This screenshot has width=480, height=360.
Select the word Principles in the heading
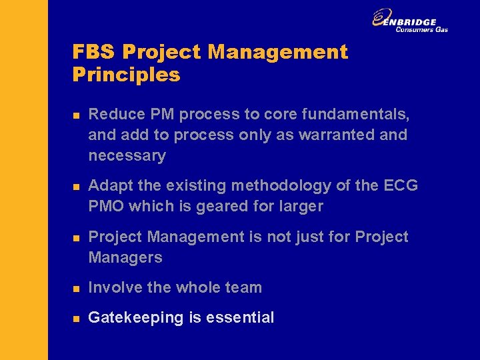coord(127,74)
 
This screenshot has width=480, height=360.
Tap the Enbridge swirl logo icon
coord(382,18)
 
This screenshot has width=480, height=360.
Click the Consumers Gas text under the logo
coord(421,29)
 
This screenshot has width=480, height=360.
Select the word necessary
coord(127,156)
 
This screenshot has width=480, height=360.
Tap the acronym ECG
coord(401,185)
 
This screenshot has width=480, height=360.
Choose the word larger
coord(298,206)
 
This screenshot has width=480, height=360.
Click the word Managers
coord(125,257)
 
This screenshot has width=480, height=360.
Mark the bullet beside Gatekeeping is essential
coord(76,319)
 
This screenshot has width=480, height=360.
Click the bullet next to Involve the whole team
coord(76,289)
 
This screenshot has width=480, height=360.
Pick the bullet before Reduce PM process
coord(76,115)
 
